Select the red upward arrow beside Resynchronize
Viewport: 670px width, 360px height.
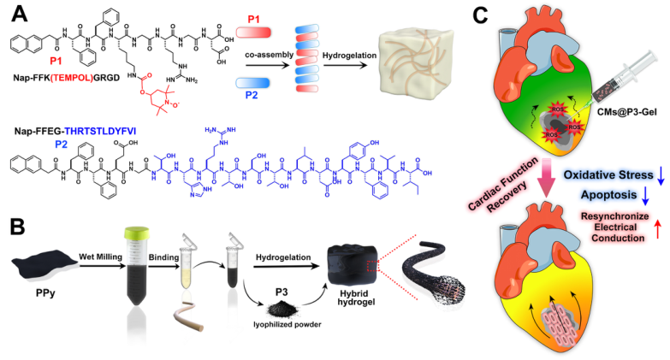pyautogui.click(x=658, y=227)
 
